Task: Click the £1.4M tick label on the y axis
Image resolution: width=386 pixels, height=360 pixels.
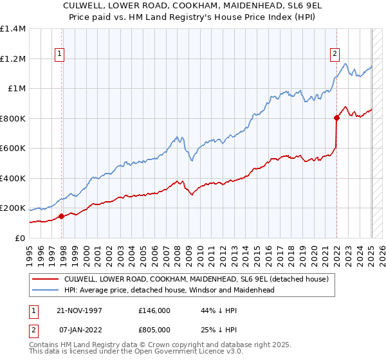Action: coord(13,29)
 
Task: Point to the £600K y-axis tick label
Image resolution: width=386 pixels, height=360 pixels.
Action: coord(13,148)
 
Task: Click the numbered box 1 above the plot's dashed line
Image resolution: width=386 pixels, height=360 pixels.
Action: coord(59,55)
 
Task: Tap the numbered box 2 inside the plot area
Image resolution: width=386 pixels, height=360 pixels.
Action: coord(335,55)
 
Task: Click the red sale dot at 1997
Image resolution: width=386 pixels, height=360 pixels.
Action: coord(61,216)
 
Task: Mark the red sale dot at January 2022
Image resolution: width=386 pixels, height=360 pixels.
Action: coord(336,118)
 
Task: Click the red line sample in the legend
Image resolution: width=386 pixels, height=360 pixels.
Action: coord(46,280)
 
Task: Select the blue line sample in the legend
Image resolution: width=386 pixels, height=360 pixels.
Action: coord(46,291)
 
